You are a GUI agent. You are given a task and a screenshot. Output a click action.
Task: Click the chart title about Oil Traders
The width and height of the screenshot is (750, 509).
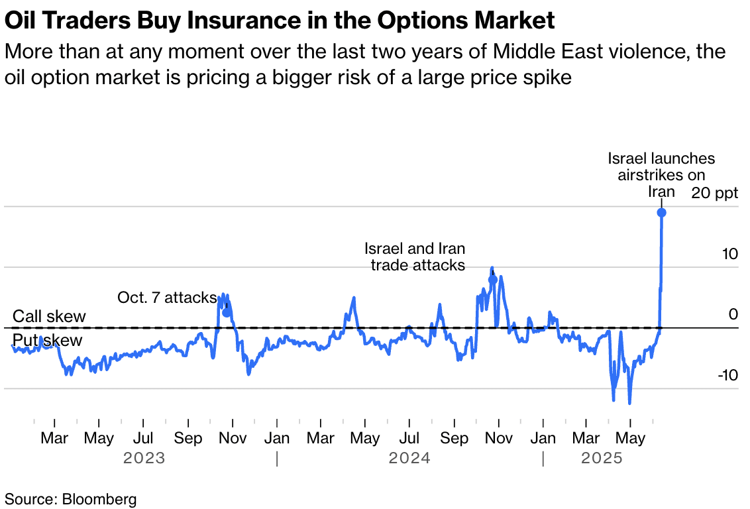pyautogui.click(x=280, y=21)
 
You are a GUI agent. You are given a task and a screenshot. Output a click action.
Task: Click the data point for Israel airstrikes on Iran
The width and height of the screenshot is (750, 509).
pyautogui.click(x=661, y=213)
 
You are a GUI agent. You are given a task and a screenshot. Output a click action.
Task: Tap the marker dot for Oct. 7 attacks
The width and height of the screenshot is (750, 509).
pyautogui.click(x=227, y=313)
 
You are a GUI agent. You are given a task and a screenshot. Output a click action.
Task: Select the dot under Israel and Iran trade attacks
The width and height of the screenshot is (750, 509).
pyautogui.click(x=493, y=280)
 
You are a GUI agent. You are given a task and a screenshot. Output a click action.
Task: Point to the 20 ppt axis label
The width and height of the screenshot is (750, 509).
pyautogui.click(x=715, y=193)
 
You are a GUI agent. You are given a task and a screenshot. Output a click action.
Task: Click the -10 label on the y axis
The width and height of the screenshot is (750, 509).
pyautogui.click(x=727, y=375)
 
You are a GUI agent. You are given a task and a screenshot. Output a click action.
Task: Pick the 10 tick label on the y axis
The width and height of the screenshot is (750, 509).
pyautogui.click(x=730, y=254)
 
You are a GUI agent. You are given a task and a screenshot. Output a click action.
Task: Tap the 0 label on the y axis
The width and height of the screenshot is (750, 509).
pyautogui.click(x=733, y=314)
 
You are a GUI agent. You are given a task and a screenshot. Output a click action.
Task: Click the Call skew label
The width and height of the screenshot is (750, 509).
pyautogui.click(x=49, y=316)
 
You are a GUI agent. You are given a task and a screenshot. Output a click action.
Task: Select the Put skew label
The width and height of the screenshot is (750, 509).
pyautogui.click(x=47, y=340)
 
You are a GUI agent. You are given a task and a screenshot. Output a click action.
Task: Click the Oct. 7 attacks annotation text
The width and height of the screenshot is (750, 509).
pyautogui.click(x=167, y=298)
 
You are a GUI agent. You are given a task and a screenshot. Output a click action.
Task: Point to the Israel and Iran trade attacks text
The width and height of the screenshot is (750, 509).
pyautogui.click(x=415, y=257)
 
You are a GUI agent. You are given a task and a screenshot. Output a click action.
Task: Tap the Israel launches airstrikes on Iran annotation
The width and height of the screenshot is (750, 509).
pyautogui.click(x=661, y=175)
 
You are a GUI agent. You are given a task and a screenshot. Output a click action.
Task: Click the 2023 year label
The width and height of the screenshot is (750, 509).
pyautogui.click(x=144, y=458)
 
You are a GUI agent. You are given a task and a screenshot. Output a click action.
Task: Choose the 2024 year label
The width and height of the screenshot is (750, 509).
pyautogui.click(x=409, y=458)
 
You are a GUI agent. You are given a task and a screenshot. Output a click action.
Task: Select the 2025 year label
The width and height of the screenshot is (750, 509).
pyautogui.click(x=602, y=458)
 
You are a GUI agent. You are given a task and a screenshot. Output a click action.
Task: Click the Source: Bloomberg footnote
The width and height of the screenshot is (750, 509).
pyautogui.click(x=71, y=499)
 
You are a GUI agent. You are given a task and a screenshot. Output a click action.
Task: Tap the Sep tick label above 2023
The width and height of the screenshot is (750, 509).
pyautogui.click(x=188, y=437)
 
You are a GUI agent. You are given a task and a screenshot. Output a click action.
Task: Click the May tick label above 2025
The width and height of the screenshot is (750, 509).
pyautogui.click(x=631, y=437)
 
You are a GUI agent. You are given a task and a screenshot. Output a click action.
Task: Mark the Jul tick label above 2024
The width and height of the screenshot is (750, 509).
pyautogui.click(x=409, y=437)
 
